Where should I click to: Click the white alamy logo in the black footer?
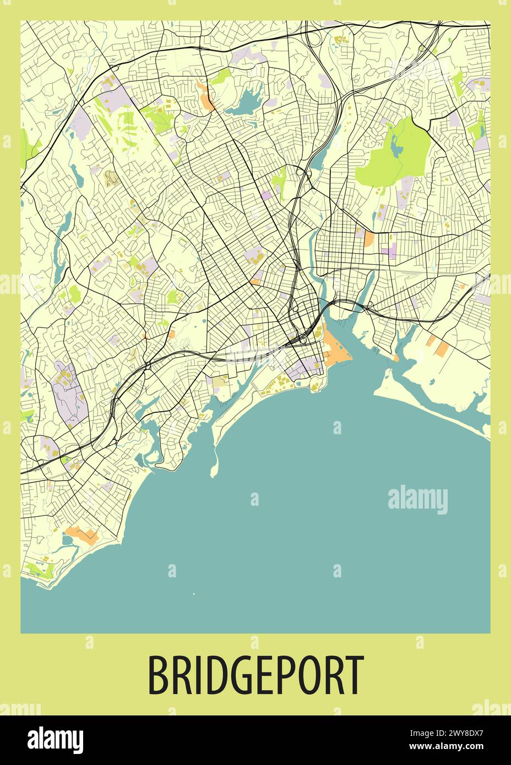click(55, 739)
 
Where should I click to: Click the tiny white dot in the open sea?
click(194, 594)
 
